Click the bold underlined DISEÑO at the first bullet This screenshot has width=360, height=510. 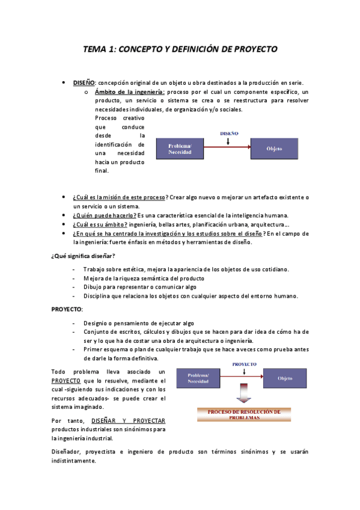coord(84,82)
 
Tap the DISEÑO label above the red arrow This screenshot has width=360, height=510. coord(229,133)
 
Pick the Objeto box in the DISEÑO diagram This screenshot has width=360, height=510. coord(274,148)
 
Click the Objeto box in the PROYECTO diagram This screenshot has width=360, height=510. coord(285,378)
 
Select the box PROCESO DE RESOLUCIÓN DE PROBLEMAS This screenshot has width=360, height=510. coord(243,414)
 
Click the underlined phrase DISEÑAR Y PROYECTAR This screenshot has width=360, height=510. coord(129,420)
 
